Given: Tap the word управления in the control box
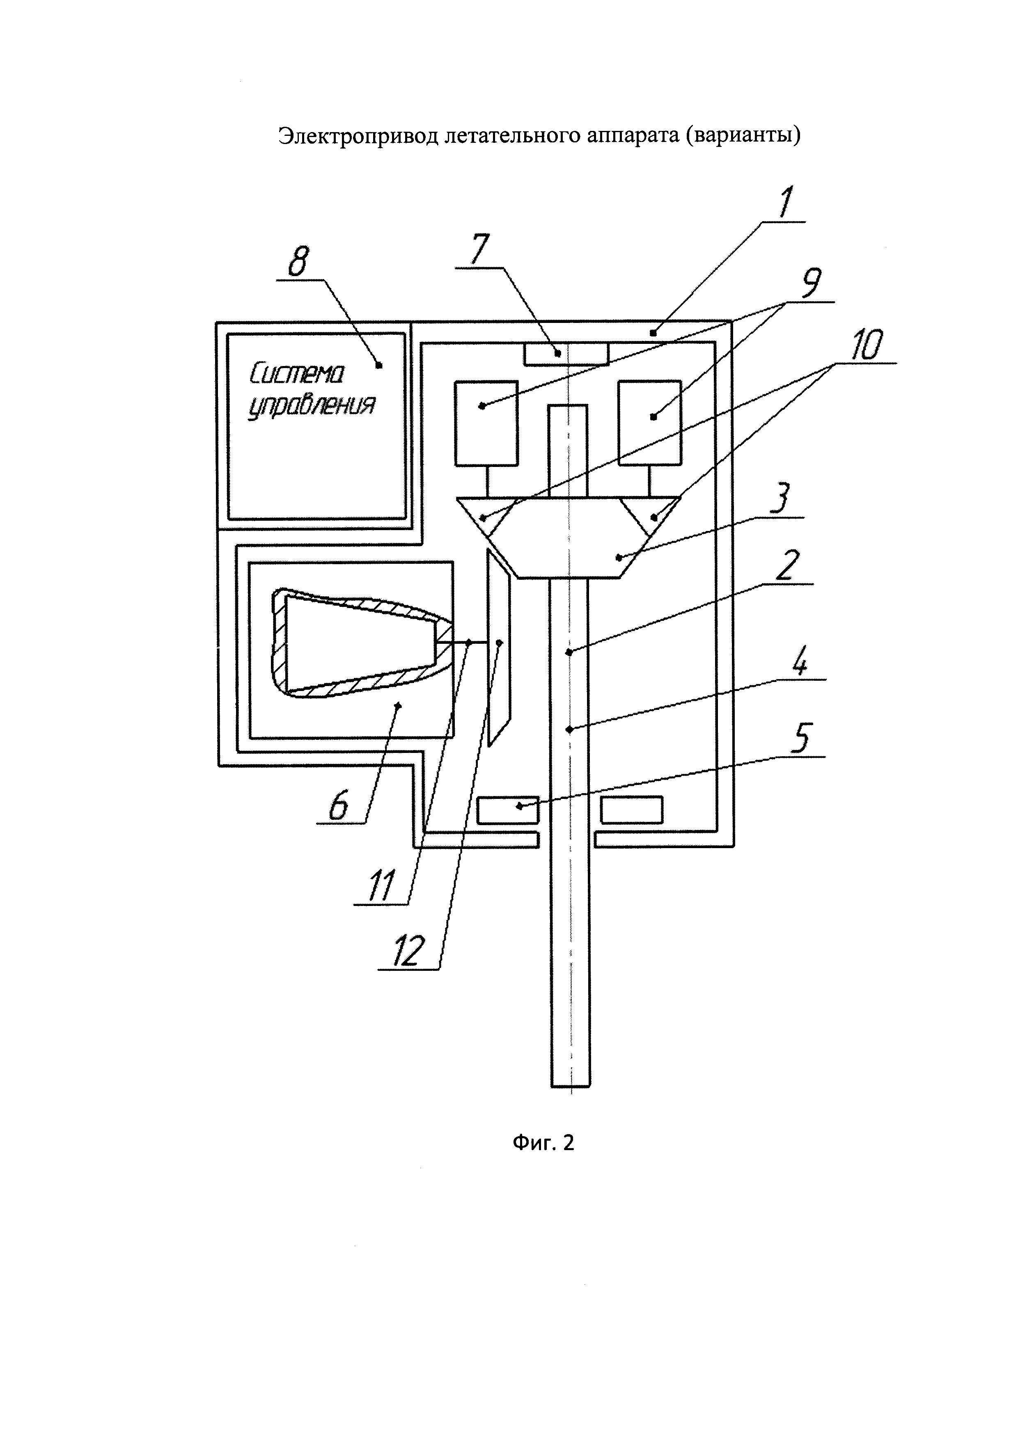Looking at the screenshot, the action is point(312,409).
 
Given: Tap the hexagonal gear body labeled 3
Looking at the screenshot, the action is point(569,538).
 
